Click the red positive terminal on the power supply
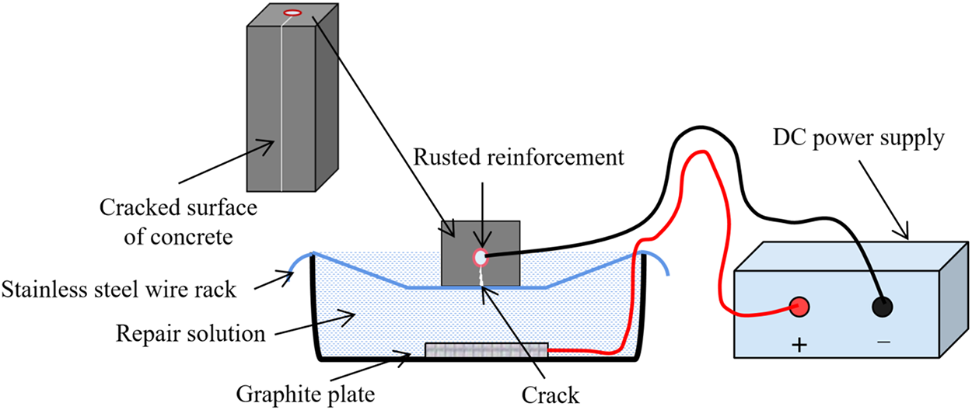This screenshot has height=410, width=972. pyautogui.click(x=799, y=307)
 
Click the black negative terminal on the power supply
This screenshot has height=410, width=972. pyautogui.click(x=881, y=307)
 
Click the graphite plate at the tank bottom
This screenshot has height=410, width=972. pyautogui.click(x=487, y=352)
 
